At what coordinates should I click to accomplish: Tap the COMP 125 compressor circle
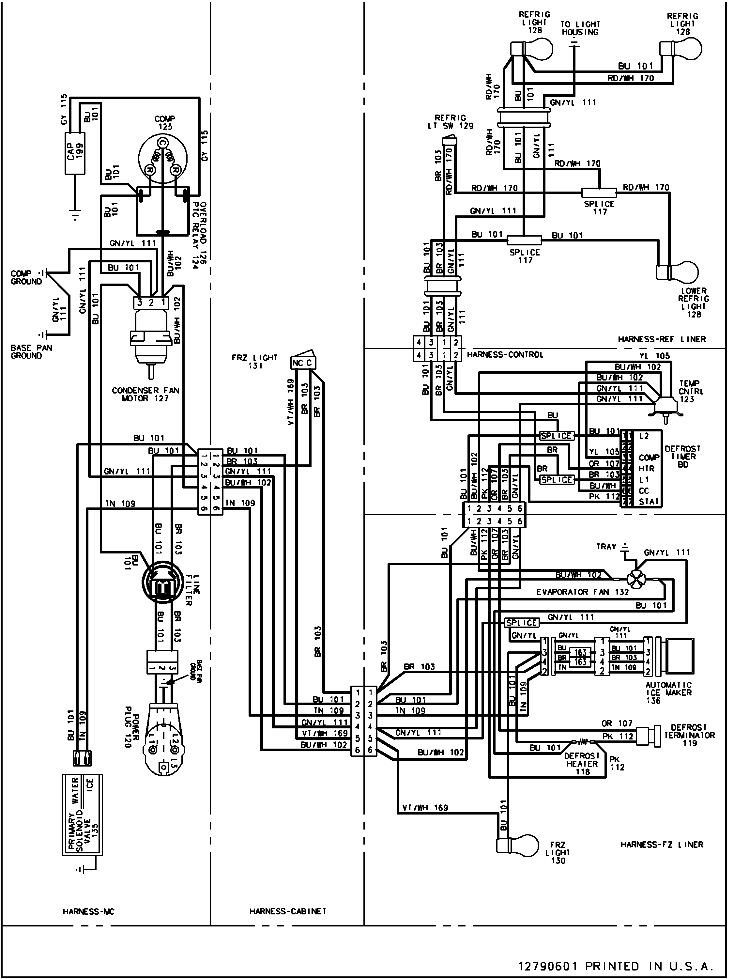coord(162,159)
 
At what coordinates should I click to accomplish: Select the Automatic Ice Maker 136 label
coord(668,693)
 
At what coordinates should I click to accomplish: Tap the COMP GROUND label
coord(26,277)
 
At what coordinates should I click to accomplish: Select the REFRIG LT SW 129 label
coord(451,122)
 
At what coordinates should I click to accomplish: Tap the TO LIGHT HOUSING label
coord(580,28)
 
